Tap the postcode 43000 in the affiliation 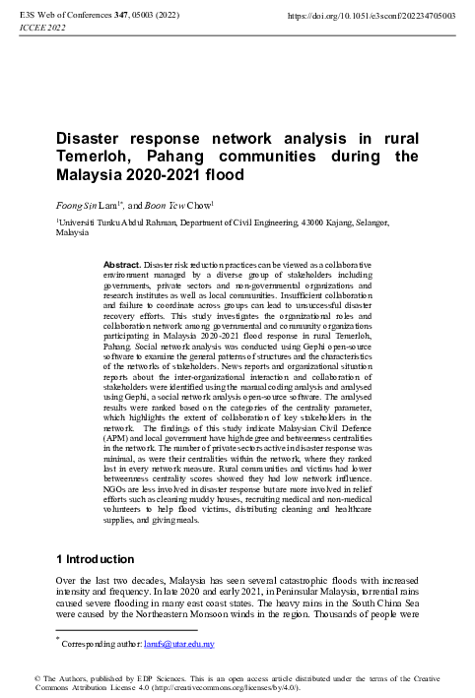click(x=312, y=223)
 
